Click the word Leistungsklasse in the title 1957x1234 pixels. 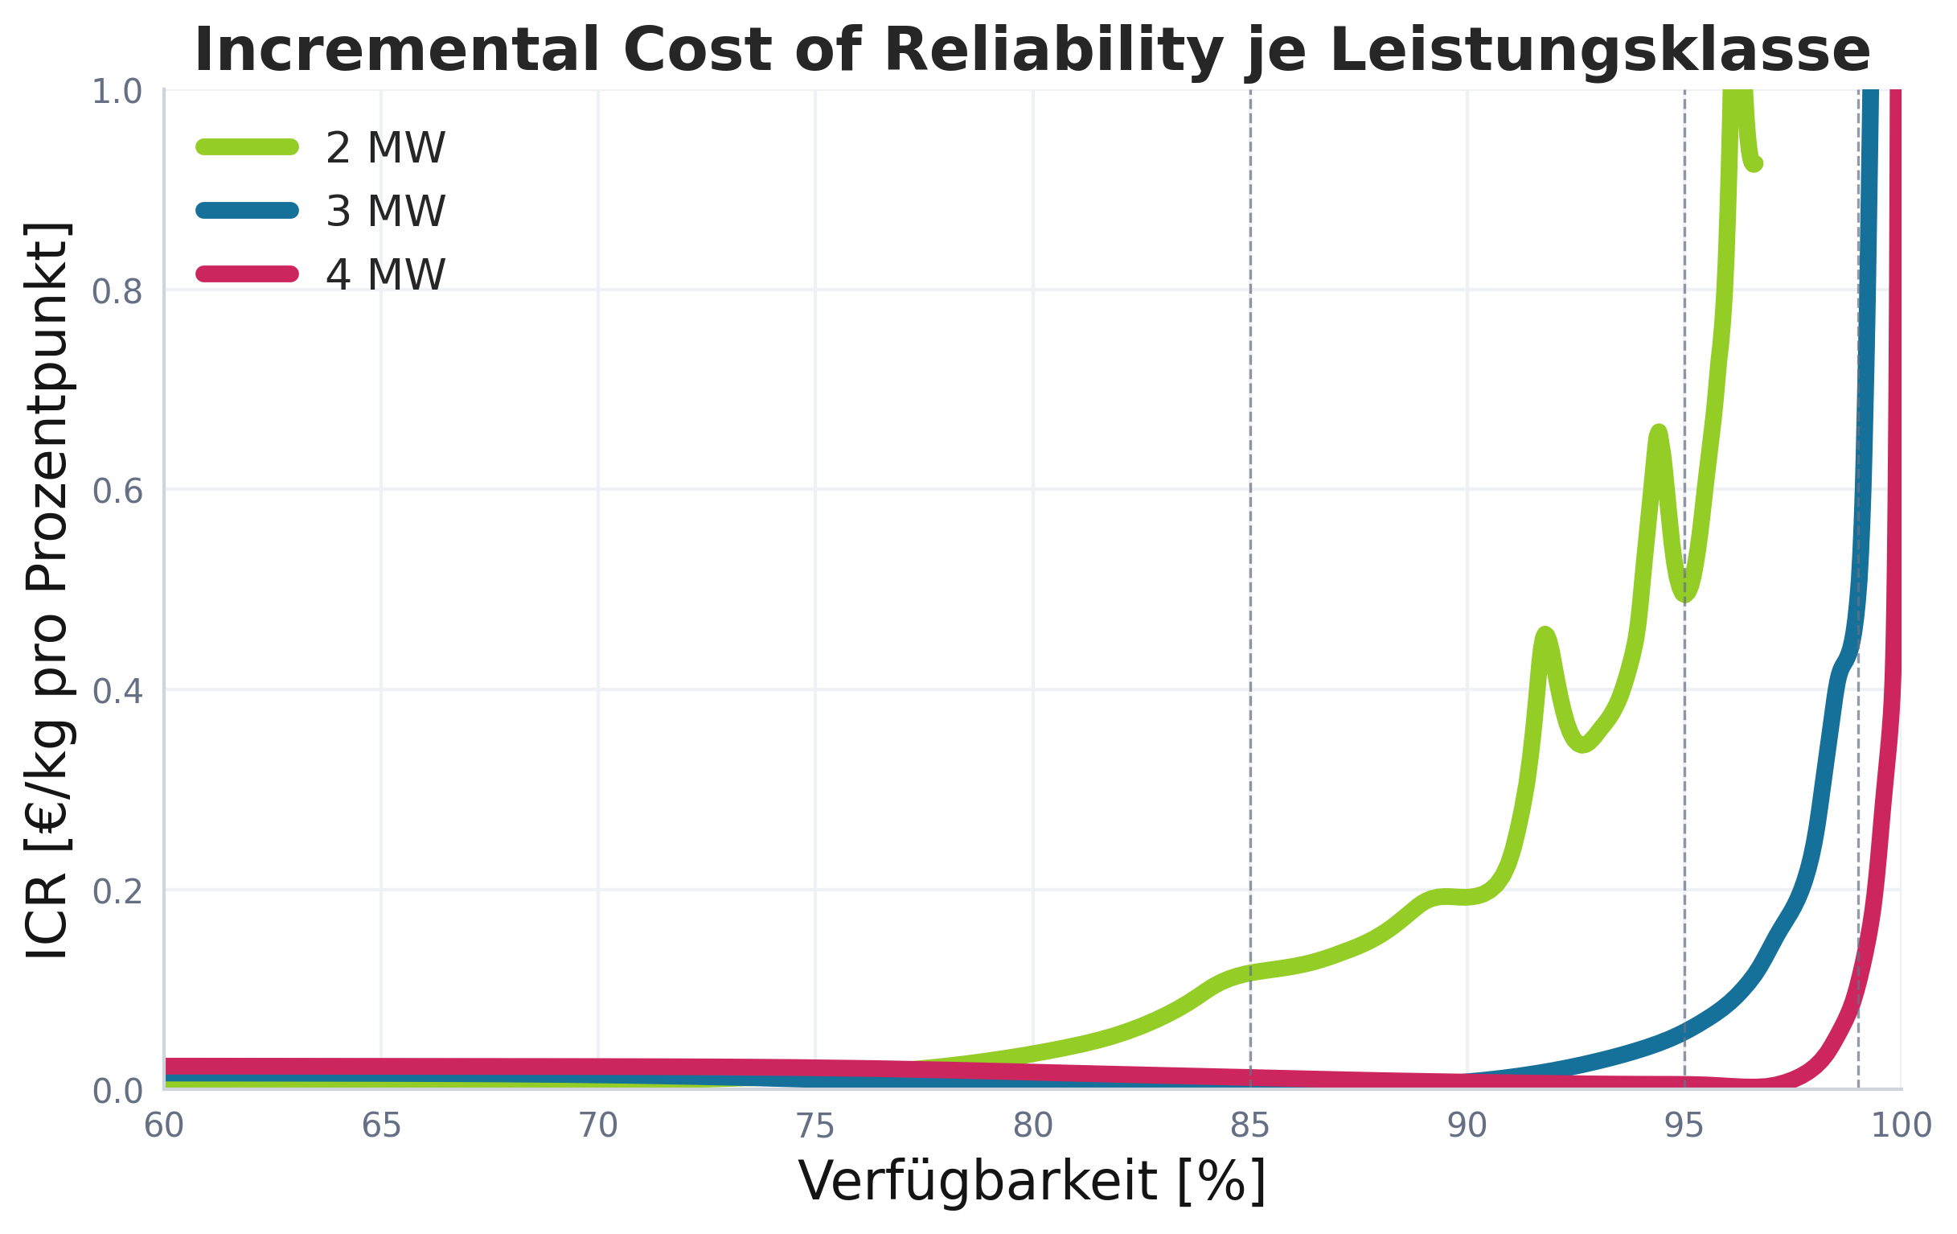pyautogui.click(x=1599, y=51)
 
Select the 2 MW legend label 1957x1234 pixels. pyautogui.click(x=385, y=148)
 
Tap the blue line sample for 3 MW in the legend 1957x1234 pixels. pyautogui.click(x=247, y=211)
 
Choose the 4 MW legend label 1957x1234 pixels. pyautogui.click(x=385, y=274)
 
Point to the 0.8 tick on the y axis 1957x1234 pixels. pyautogui.click(x=117, y=292)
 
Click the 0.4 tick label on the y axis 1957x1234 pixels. pyautogui.click(x=117, y=692)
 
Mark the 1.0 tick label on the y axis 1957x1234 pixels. pyautogui.click(x=117, y=93)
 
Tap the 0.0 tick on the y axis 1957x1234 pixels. pyautogui.click(x=117, y=1092)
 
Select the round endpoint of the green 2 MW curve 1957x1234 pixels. pyautogui.click(x=1755, y=164)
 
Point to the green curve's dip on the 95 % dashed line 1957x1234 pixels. pyautogui.click(x=1684, y=596)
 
